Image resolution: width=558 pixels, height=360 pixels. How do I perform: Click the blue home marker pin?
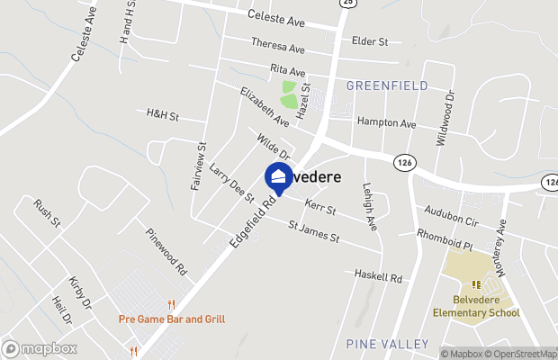point(278,177)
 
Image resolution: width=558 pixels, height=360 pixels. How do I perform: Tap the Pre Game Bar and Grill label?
point(171,319)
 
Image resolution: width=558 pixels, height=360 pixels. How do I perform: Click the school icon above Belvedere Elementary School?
point(476,285)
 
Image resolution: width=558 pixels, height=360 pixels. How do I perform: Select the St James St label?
point(313,233)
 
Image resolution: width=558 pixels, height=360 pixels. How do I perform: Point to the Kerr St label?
point(319,209)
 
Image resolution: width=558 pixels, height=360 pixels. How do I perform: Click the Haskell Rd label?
point(377,275)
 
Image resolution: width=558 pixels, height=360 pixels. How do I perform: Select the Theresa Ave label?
point(278,46)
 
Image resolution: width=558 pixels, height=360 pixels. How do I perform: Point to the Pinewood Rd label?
point(166,250)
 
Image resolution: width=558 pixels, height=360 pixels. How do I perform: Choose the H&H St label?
point(163,116)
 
